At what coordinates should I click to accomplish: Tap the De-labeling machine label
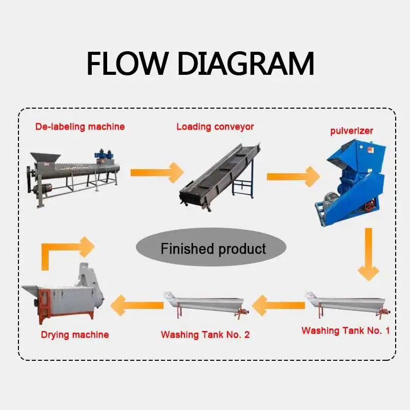pos(80,126)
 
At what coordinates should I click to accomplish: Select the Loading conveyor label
pos(215,126)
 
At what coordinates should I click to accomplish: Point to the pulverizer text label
pos(352,131)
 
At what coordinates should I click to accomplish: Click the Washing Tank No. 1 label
pos(345,331)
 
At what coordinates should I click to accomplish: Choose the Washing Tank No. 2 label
pos(205,335)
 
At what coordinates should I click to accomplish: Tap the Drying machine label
pos(75,335)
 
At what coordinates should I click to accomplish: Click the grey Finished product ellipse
pos(213,249)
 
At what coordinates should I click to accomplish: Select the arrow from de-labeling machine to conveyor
pos(156,172)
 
